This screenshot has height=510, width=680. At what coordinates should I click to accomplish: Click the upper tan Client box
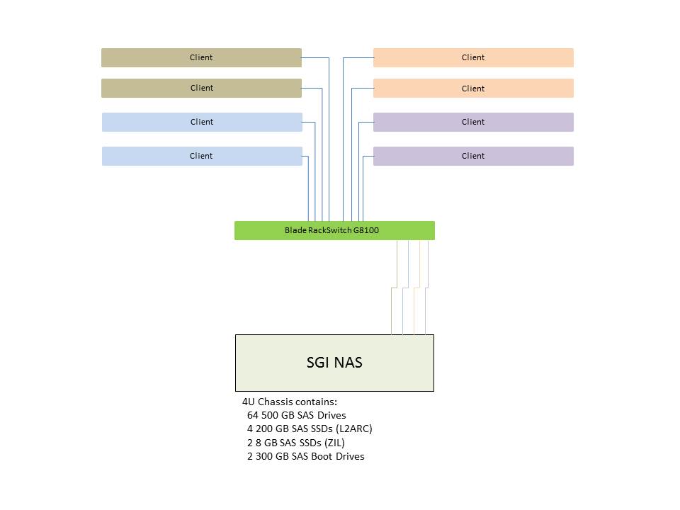click(201, 57)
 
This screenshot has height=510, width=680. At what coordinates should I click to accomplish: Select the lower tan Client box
click(201, 88)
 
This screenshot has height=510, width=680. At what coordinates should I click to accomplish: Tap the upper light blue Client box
click(202, 122)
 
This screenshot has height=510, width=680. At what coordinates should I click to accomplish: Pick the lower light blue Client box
click(202, 156)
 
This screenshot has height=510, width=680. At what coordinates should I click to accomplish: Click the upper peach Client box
click(473, 57)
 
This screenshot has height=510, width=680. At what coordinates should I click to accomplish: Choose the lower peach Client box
click(473, 89)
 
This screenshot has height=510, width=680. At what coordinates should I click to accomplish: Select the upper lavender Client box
click(473, 122)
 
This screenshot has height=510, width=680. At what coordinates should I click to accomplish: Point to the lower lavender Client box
click(473, 156)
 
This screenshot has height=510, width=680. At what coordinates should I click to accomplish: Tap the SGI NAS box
click(334, 363)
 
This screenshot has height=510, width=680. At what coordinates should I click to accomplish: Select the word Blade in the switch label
click(295, 230)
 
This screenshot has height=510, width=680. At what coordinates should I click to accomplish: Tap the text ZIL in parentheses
click(334, 443)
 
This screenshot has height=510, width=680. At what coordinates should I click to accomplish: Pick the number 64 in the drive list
click(253, 415)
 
